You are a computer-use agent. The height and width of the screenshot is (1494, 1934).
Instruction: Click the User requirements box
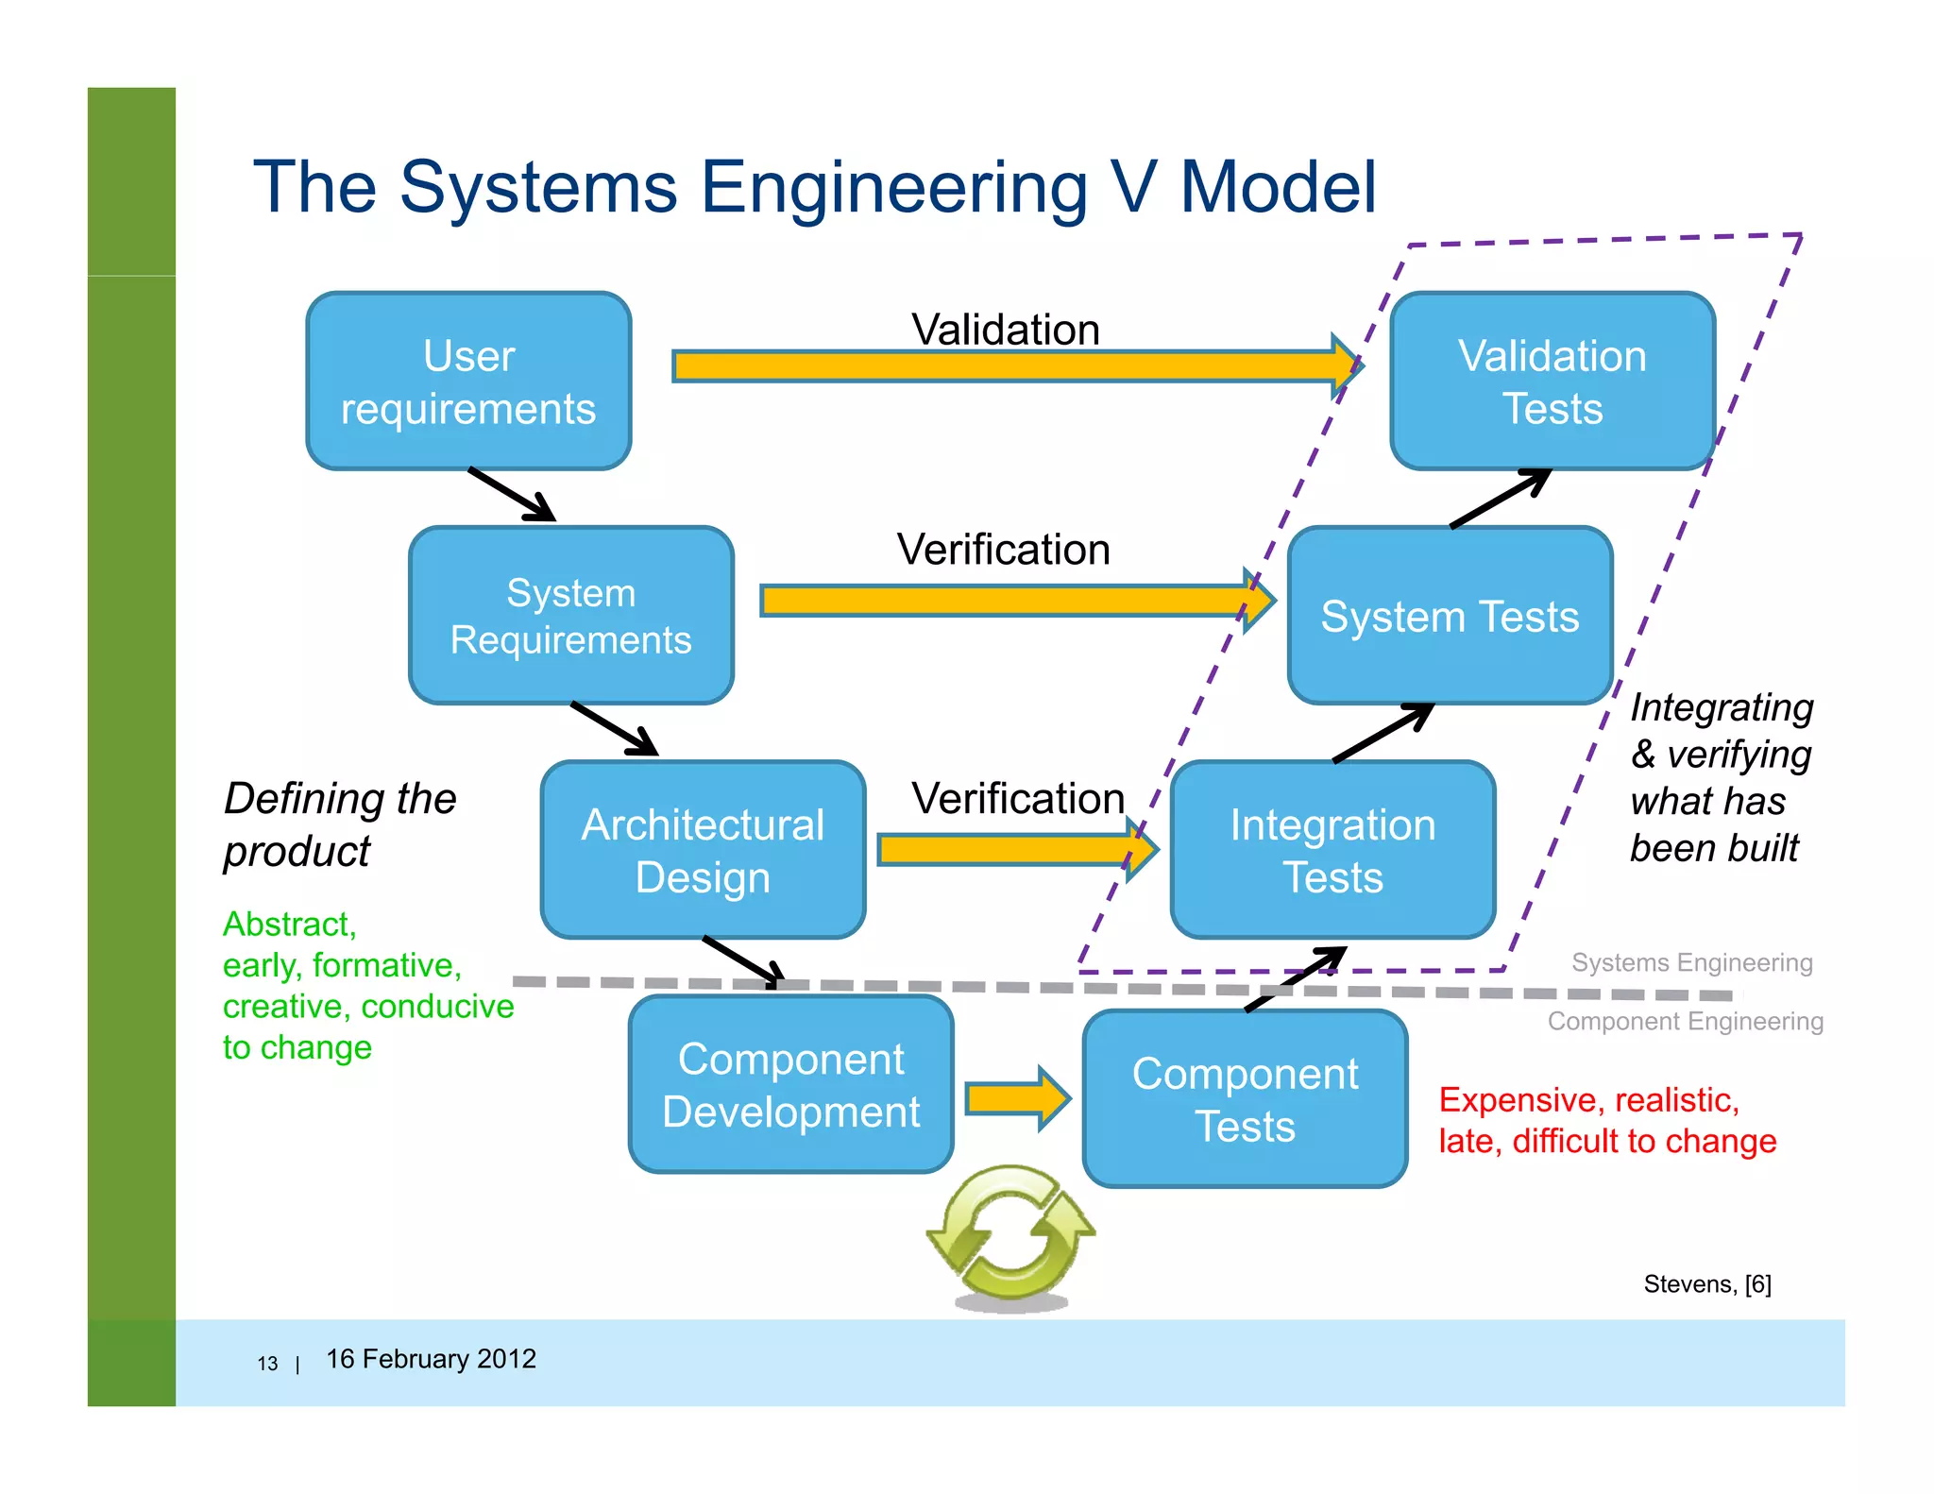pos(468,381)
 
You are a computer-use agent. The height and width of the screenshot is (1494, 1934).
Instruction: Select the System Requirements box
pos(570,616)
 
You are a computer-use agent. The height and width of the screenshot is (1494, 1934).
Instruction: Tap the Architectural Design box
pos(703,850)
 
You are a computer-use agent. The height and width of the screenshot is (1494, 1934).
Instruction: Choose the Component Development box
pos(791,1084)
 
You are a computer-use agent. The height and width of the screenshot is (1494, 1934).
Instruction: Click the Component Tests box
pos(1245,1098)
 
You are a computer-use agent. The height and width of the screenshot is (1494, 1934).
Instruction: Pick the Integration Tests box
pos(1332,850)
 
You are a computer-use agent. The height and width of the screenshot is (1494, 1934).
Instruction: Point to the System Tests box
pos(1450,616)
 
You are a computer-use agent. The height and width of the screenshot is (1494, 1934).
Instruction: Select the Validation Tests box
pos(1552,381)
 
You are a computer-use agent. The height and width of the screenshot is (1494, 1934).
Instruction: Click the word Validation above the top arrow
pos(1006,330)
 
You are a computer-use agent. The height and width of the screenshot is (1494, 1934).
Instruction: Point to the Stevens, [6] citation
pos(1706,1283)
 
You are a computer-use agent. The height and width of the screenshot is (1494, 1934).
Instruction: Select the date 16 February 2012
pos(431,1358)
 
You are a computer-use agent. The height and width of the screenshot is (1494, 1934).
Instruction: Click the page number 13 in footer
pos(267,1363)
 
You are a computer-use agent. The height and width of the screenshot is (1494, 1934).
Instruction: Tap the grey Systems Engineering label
pos(1691,962)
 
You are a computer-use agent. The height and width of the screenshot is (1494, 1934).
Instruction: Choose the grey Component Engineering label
pos(1685,1021)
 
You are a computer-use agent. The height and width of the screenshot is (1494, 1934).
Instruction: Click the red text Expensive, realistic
pos(1588,1100)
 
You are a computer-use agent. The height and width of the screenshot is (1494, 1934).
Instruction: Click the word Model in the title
pos(1278,187)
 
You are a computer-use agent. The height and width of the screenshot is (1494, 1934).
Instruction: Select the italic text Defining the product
pos(340,823)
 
